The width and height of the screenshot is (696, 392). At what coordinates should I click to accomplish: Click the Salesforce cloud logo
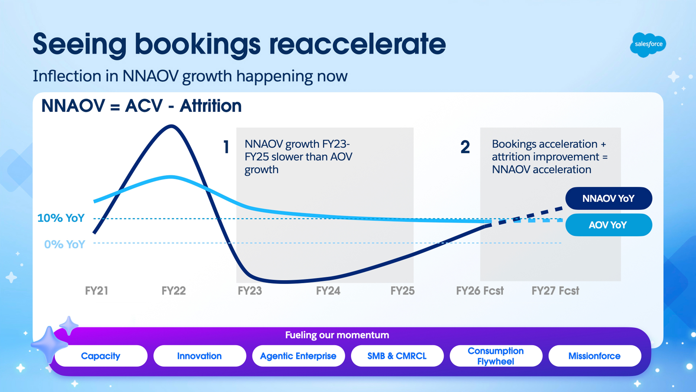648,44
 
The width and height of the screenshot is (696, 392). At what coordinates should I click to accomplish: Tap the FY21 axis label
96,291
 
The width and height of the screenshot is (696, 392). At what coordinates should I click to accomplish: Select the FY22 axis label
173,291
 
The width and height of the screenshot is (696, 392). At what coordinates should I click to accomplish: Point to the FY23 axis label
250,291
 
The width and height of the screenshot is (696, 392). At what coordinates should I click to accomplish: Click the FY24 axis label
328,291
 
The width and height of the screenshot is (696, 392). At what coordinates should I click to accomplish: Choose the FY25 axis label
402,291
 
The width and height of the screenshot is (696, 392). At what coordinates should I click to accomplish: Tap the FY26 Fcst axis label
480,291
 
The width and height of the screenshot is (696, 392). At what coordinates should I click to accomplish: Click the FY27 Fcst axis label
555,291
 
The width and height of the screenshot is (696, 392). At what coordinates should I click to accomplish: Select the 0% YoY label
65,244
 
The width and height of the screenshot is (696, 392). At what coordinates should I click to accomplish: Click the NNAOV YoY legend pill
608,198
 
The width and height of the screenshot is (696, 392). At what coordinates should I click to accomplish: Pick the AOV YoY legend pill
608,225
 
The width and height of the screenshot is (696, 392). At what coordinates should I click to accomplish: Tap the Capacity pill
101,356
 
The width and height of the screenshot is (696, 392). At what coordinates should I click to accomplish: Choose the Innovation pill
199,356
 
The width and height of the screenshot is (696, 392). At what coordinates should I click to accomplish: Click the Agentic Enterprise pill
298,356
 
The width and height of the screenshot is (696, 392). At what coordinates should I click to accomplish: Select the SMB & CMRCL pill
397,356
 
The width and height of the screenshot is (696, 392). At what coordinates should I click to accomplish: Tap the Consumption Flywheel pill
496,356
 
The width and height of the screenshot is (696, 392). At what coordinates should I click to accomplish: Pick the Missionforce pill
594,356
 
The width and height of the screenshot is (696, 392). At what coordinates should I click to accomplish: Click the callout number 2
465,147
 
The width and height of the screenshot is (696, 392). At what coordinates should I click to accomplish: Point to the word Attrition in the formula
210,106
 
